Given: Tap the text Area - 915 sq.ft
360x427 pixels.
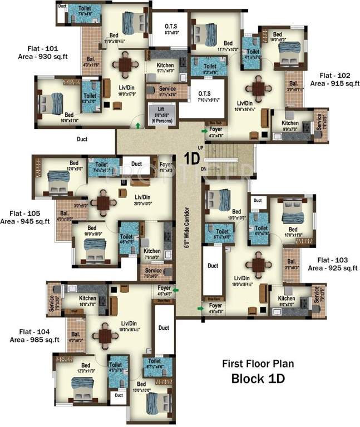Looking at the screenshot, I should [336, 83].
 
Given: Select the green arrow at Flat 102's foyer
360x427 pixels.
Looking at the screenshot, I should [204, 132].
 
